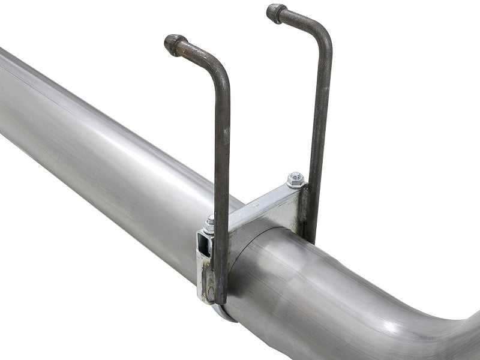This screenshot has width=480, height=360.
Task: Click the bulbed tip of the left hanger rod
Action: point(174,45)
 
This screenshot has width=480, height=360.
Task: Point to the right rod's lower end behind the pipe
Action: point(313,237)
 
